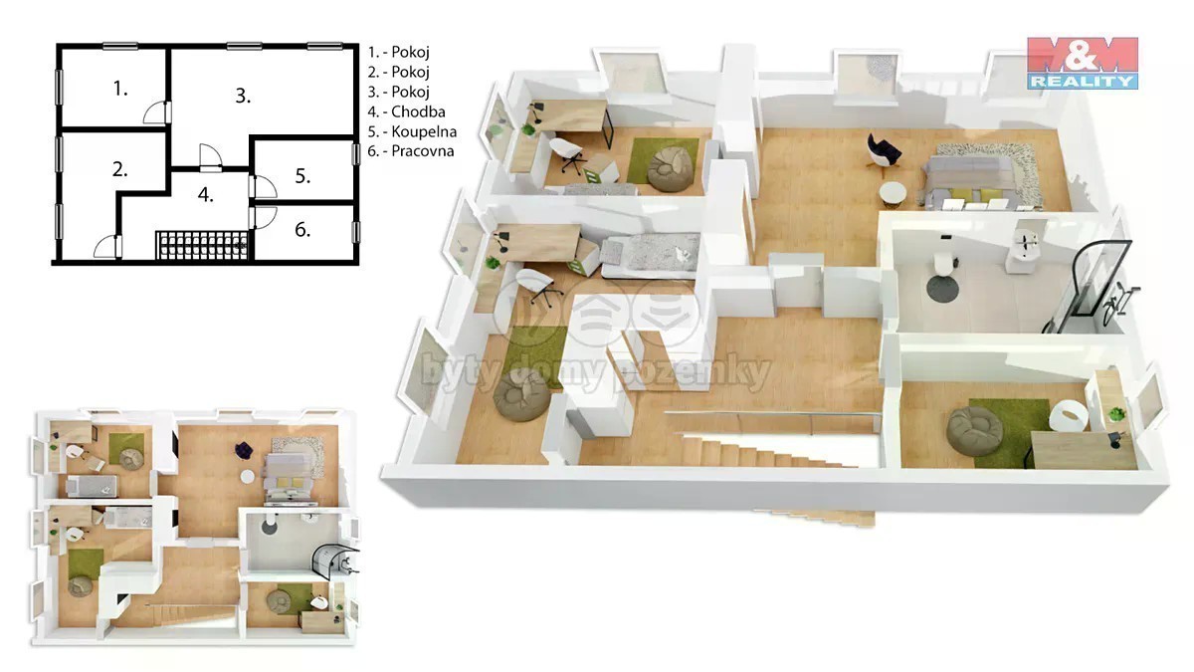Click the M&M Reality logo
point(1083,63)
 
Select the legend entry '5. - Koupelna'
point(412,131)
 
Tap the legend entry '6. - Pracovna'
point(410,151)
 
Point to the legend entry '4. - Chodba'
point(406,112)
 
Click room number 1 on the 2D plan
point(120,89)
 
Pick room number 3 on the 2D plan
point(243,96)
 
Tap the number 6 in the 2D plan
point(302,230)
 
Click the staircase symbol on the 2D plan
point(202,245)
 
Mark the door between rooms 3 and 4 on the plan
point(211,158)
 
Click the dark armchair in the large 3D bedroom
point(884,151)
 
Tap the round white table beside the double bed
point(893,195)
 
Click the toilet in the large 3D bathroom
point(943,264)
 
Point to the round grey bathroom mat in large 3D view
point(942,289)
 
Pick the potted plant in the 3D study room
point(1116,414)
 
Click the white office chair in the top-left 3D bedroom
point(567,153)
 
